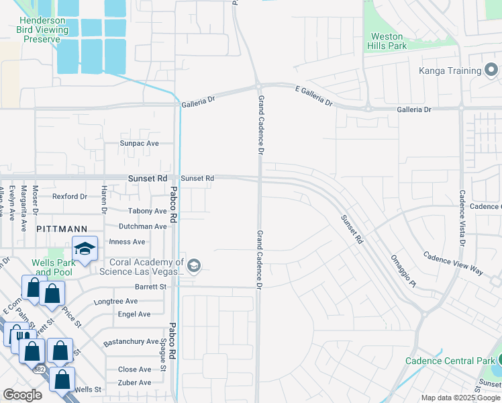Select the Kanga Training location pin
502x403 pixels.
[491, 71]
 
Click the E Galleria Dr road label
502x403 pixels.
[313, 95]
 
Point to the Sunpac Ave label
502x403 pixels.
[139, 144]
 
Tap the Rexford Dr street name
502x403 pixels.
[70, 197]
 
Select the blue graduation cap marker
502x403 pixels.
[85, 249]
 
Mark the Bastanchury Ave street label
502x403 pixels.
[131, 342]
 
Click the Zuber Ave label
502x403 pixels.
[134, 383]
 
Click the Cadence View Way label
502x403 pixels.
[452, 263]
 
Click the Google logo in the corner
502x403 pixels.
[22, 395]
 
